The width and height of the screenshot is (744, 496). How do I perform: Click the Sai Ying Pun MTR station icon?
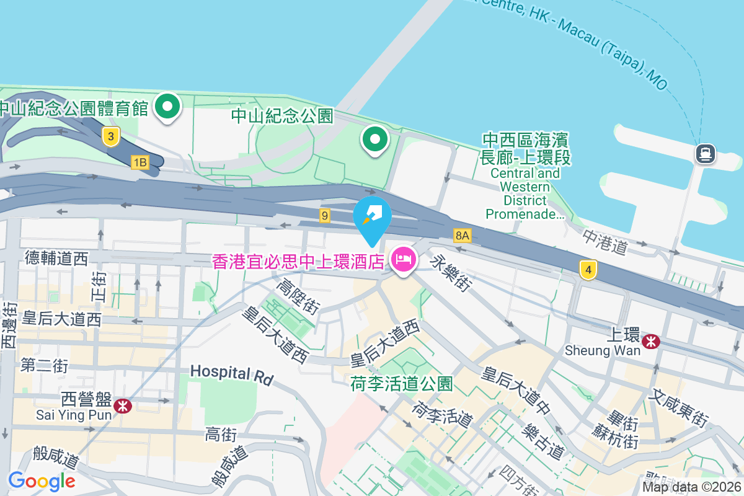point(122,405)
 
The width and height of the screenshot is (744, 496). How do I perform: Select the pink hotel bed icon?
point(404,260)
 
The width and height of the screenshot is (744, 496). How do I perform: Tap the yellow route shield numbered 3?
point(110,136)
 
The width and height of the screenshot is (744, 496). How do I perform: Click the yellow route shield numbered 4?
point(588,270)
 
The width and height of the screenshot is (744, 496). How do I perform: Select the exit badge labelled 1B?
point(140,162)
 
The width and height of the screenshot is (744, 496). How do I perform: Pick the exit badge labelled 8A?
point(463,236)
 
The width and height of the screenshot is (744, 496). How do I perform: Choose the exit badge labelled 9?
point(324,216)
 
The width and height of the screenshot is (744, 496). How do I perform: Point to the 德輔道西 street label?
point(56,258)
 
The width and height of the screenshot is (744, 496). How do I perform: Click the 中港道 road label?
point(605,242)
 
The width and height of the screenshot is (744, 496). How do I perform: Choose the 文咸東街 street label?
point(680,408)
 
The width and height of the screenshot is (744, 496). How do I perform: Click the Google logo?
point(42,480)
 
